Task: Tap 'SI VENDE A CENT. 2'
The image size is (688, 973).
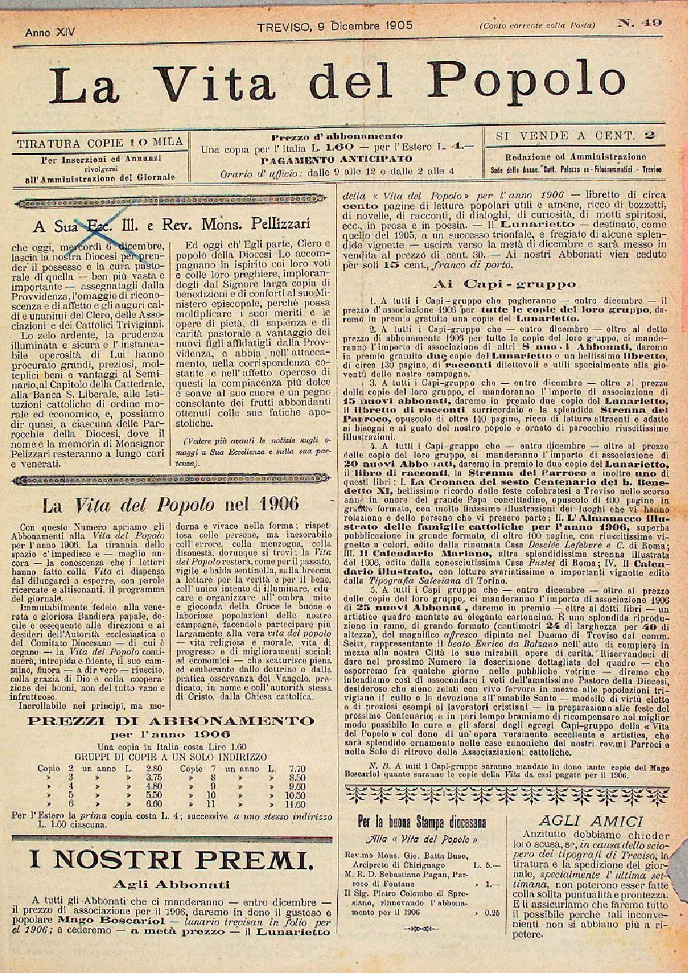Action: pyautogui.click(x=569, y=136)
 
